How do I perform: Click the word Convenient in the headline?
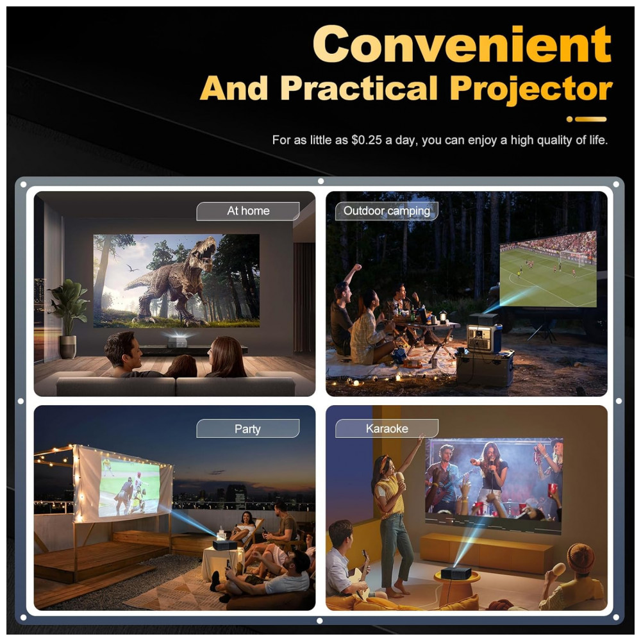[x=462, y=44]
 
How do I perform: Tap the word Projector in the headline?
[x=531, y=90]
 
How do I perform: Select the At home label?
[x=248, y=211]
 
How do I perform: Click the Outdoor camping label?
[x=387, y=211]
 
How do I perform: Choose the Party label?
[x=247, y=429]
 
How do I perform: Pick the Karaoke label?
[x=387, y=428]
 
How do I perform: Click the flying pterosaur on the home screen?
[x=132, y=268]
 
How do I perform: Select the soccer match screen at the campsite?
[x=548, y=269]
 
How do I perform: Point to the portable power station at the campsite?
[x=484, y=338]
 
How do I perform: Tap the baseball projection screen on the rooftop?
[x=129, y=487]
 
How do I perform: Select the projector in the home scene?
[x=178, y=340]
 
